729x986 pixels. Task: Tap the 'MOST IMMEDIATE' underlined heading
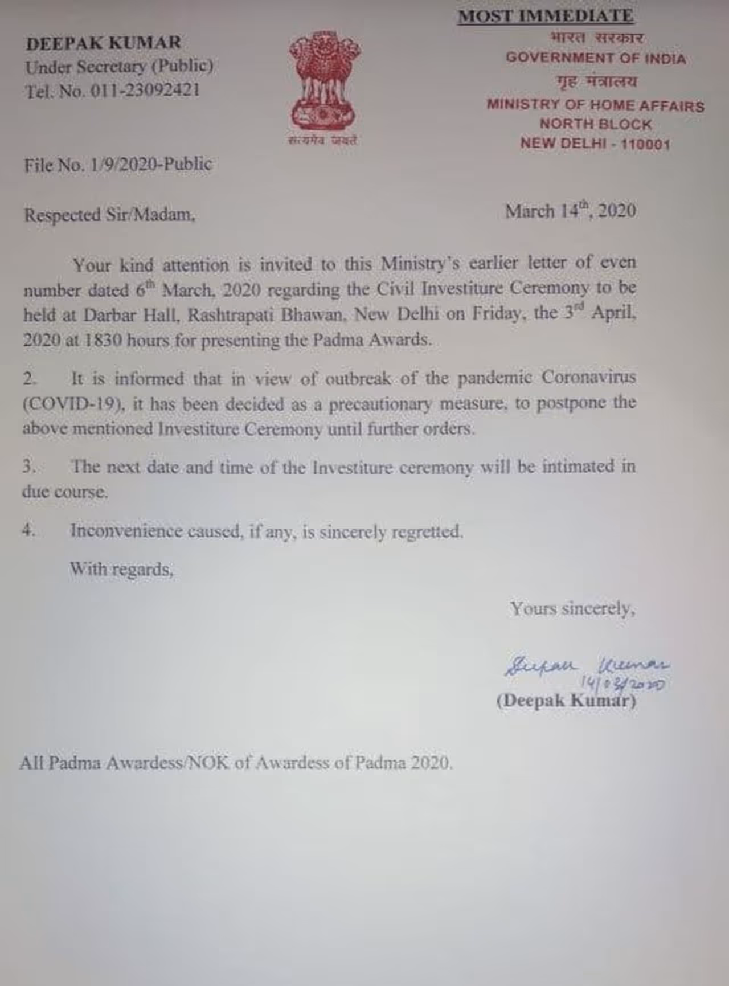(546, 16)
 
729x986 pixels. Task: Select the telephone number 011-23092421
(146, 91)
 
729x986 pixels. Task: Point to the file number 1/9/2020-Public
(151, 165)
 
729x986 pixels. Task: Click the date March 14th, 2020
(570, 211)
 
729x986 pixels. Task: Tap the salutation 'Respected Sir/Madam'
(109, 215)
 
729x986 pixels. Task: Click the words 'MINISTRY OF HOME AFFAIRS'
(595, 105)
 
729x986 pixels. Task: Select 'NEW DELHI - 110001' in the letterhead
(595, 144)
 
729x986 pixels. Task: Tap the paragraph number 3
(28, 467)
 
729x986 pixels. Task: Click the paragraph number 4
(28, 530)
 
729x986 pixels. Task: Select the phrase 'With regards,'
(121, 569)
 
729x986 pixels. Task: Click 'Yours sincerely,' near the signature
(572, 609)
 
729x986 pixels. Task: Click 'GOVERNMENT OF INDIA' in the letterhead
(596, 59)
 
